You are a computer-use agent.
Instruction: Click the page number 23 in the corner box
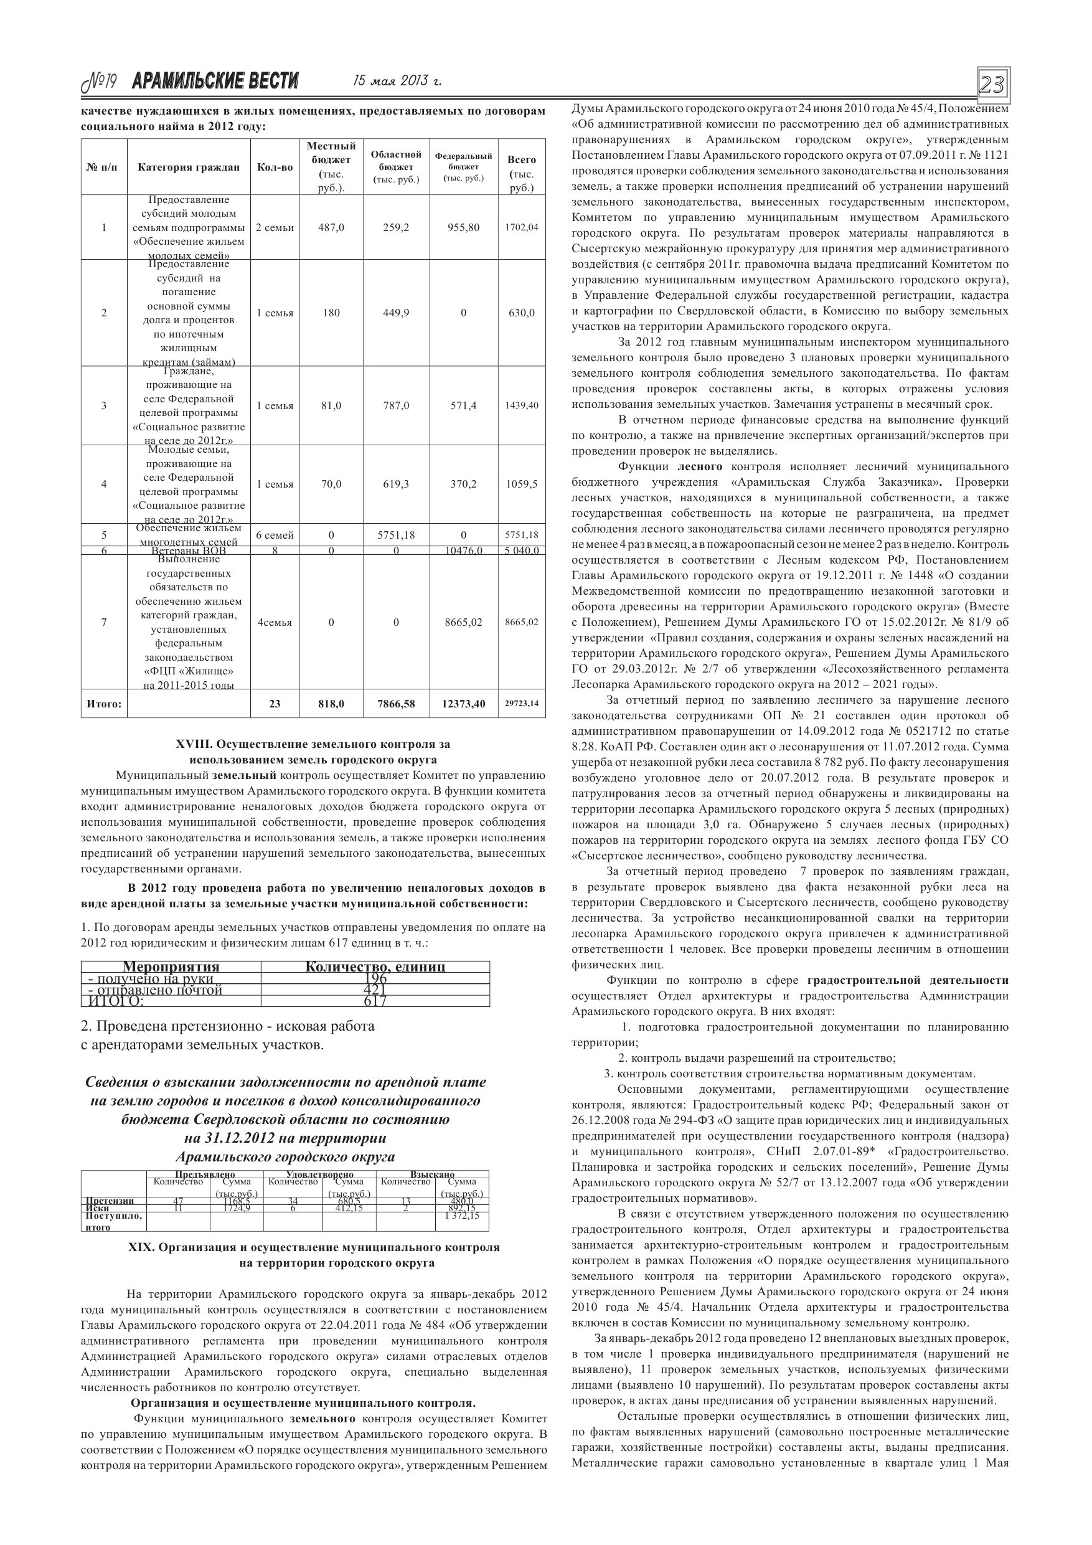[x=992, y=85]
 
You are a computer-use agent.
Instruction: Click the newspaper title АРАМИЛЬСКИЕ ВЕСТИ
[x=215, y=82]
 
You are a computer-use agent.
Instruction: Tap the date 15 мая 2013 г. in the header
[x=398, y=82]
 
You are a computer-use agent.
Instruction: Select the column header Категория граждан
[x=189, y=167]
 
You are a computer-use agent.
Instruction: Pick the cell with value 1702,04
[x=522, y=227]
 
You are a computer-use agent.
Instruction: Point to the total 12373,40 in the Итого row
[x=463, y=704]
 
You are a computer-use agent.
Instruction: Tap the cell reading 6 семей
[x=275, y=536]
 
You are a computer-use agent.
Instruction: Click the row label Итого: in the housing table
[x=103, y=704]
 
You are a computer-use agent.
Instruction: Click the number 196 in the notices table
[x=375, y=978]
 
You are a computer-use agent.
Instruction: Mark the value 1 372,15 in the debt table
[x=461, y=1216]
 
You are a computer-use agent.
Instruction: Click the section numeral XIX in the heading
[x=141, y=1247]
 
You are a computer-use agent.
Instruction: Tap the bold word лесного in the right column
[x=699, y=466]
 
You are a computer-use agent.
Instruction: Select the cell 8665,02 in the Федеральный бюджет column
[x=463, y=623]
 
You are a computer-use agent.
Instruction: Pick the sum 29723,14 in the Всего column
[x=522, y=704]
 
